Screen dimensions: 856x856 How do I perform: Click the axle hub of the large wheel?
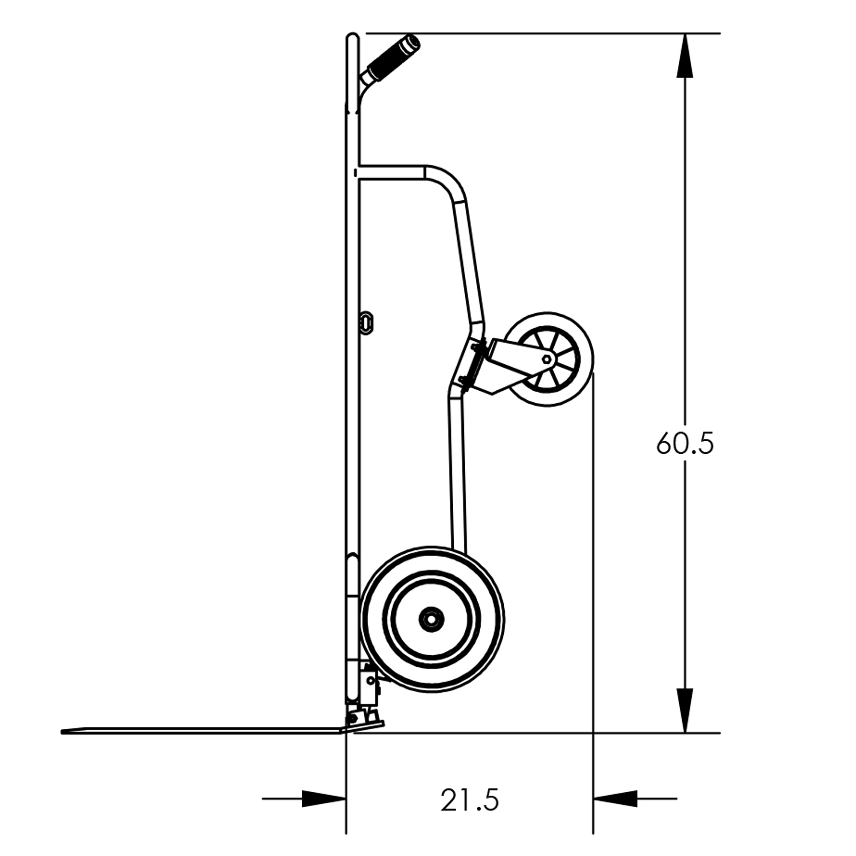(431, 619)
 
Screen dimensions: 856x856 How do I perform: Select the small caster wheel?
(548, 360)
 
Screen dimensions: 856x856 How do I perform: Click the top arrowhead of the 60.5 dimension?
(685, 55)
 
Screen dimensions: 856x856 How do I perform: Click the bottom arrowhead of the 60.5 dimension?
(685, 710)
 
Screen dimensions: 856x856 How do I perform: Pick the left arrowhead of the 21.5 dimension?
(324, 799)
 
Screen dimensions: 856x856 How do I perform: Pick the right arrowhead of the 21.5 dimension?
(615, 799)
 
